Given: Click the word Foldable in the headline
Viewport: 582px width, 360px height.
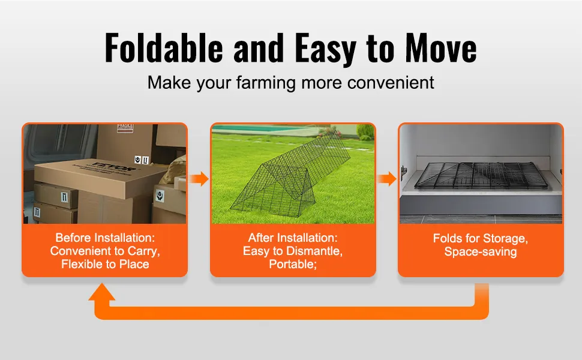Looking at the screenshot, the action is (x=164, y=47).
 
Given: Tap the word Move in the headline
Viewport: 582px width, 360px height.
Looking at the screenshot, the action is (x=440, y=47).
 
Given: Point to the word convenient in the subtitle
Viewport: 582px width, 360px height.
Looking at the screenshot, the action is (x=391, y=83).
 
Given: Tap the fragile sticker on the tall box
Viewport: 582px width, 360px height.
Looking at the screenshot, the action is (x=125, y=128).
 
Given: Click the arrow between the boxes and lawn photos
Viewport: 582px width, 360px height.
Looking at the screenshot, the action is (x=199, y=179).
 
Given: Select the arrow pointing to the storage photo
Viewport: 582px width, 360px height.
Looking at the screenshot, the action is (x=387, y=179).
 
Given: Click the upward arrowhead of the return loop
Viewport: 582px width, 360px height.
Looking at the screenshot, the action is (x=102, y=292).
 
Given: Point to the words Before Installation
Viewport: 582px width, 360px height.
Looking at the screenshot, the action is (x=105, y=238).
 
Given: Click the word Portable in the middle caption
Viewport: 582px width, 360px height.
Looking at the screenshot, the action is (x=292, y=264).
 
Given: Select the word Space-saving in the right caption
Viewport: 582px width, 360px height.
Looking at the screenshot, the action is (x=481, y=251).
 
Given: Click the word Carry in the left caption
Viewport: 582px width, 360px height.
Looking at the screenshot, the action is (x=143, y=251).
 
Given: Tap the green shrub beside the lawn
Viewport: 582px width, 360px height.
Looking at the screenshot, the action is (x=365, y=131).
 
